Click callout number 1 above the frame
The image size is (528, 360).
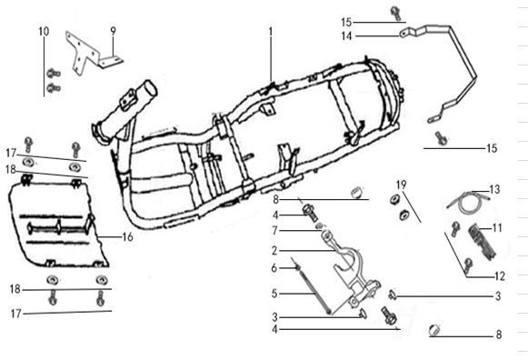tap(271, 32)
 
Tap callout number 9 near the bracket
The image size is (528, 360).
tap(113, 31)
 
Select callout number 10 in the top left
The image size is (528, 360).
tap(44, 31)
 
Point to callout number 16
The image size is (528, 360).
tap(127, 237)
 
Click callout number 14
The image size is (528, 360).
tap(346, 35)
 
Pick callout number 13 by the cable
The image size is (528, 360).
tap(494, 190)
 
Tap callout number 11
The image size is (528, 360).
tap(497, 228)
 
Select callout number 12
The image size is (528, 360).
tap(500, 276)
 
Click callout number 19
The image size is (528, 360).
tap(401, 185)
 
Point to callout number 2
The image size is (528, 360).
tap(274, 251)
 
